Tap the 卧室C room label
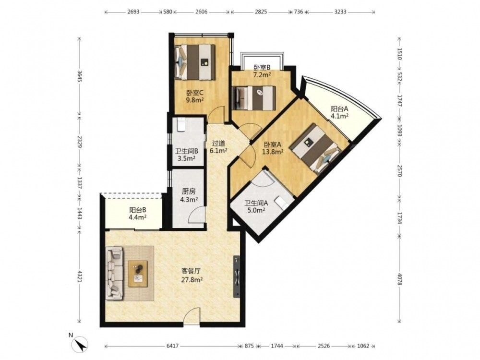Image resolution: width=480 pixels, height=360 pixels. coord(195,93)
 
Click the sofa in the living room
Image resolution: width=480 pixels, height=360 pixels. coord(115,274)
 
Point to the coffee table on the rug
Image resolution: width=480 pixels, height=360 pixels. coord(138,274)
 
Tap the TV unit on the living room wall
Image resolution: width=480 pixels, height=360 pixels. coord(237,276)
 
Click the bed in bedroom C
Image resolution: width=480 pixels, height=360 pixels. coord(195,62)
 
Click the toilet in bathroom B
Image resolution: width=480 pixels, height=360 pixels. coord(180,125)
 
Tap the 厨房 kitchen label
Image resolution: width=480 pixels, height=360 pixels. coord(189,192)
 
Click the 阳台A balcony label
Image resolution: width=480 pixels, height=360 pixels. coord(340,109)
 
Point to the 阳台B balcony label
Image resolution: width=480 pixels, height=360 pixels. coord(137,210)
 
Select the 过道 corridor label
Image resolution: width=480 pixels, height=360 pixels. coord(219,143)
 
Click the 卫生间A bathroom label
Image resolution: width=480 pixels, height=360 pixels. coord(256,203)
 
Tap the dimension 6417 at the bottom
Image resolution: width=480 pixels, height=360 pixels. coord(172,346)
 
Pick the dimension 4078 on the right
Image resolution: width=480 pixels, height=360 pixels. coord(399,279)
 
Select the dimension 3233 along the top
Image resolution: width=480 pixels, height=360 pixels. coord(340,12)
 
